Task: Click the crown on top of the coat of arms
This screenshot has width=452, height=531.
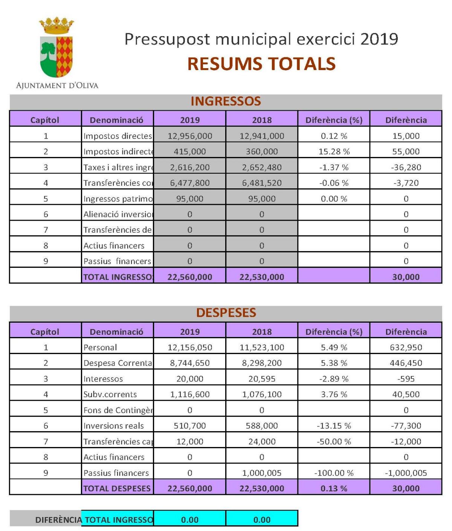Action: pos(56,25)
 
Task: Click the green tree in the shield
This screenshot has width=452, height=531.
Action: pos(48,52)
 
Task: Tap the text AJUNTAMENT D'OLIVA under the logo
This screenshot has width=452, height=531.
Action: pos(57,85)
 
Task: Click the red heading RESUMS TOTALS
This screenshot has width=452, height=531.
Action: pos(261,64)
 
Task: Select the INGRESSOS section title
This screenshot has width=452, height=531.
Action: pos(226,101)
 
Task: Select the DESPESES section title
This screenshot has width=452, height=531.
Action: pos(226,313)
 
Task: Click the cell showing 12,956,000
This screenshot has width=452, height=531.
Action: pos(190,136)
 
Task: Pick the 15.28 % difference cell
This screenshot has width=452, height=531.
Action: pos(334,151)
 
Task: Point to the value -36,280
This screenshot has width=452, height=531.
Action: pos(406,167)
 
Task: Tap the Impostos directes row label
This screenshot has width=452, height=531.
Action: pos(118,136)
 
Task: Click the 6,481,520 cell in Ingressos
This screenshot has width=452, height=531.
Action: pos(262,183)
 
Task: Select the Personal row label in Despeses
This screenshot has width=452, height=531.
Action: pos(100,347)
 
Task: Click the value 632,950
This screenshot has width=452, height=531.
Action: pos(406,347)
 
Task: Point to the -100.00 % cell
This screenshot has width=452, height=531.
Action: pos(334,473)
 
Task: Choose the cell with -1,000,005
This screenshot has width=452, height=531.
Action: pos(406,473)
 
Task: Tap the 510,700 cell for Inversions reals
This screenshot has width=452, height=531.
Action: pos(190,426)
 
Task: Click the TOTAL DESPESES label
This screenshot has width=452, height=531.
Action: pos(117,488)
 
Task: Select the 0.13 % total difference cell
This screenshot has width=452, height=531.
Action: pos(334,488)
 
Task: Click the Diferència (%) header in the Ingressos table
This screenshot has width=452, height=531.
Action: pos(334,120)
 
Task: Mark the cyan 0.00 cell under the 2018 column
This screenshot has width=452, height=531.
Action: pos(262,520)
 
